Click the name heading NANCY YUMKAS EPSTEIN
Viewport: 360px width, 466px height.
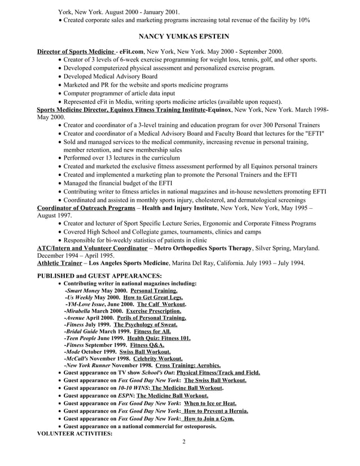click(180, 37)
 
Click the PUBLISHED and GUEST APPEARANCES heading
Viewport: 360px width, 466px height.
click(99, 275)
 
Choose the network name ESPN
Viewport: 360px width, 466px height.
click(126, 396)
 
